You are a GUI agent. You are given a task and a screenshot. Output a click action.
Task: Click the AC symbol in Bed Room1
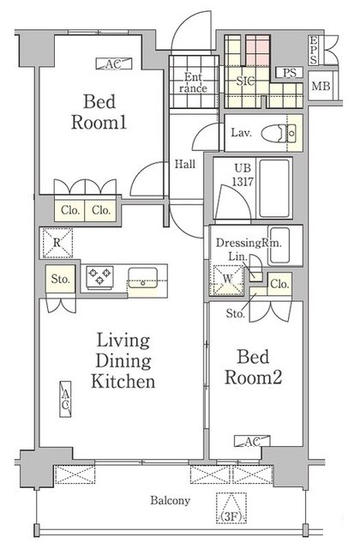tap(114, 63)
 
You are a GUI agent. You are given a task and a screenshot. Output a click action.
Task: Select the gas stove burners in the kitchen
tap(99, 276)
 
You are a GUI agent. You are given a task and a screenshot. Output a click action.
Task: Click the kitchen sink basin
tap(143, 278)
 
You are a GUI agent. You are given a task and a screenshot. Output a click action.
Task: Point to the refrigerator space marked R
tap(57, 243)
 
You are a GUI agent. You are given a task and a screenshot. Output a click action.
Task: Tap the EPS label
tap(313, 50)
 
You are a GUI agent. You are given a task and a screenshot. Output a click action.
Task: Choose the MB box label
tap(321, 86)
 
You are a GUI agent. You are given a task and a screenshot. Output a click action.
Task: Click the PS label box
tap(290, 73)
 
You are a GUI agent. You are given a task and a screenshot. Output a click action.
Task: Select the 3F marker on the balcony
tap(231, 508)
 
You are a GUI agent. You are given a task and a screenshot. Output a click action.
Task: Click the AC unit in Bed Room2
tap(252, 441)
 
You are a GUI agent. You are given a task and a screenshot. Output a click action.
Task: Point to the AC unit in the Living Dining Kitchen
tap(65, 399)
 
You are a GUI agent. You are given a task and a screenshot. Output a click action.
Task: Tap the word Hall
tap(185, 164)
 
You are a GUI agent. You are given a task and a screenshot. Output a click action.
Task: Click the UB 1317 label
tap(243, 175)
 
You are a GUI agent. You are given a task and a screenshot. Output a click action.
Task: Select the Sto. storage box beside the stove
tap(60, 279)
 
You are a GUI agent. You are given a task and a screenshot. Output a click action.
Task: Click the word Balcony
tap(171, 500)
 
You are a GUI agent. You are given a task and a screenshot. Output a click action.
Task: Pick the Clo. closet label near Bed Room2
tap(279, 284)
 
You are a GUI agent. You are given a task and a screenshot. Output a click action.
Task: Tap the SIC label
tap(245, 81)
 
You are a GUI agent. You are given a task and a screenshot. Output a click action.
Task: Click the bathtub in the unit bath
tap(274, 189)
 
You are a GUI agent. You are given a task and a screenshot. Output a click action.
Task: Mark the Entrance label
tap(193, 82)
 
